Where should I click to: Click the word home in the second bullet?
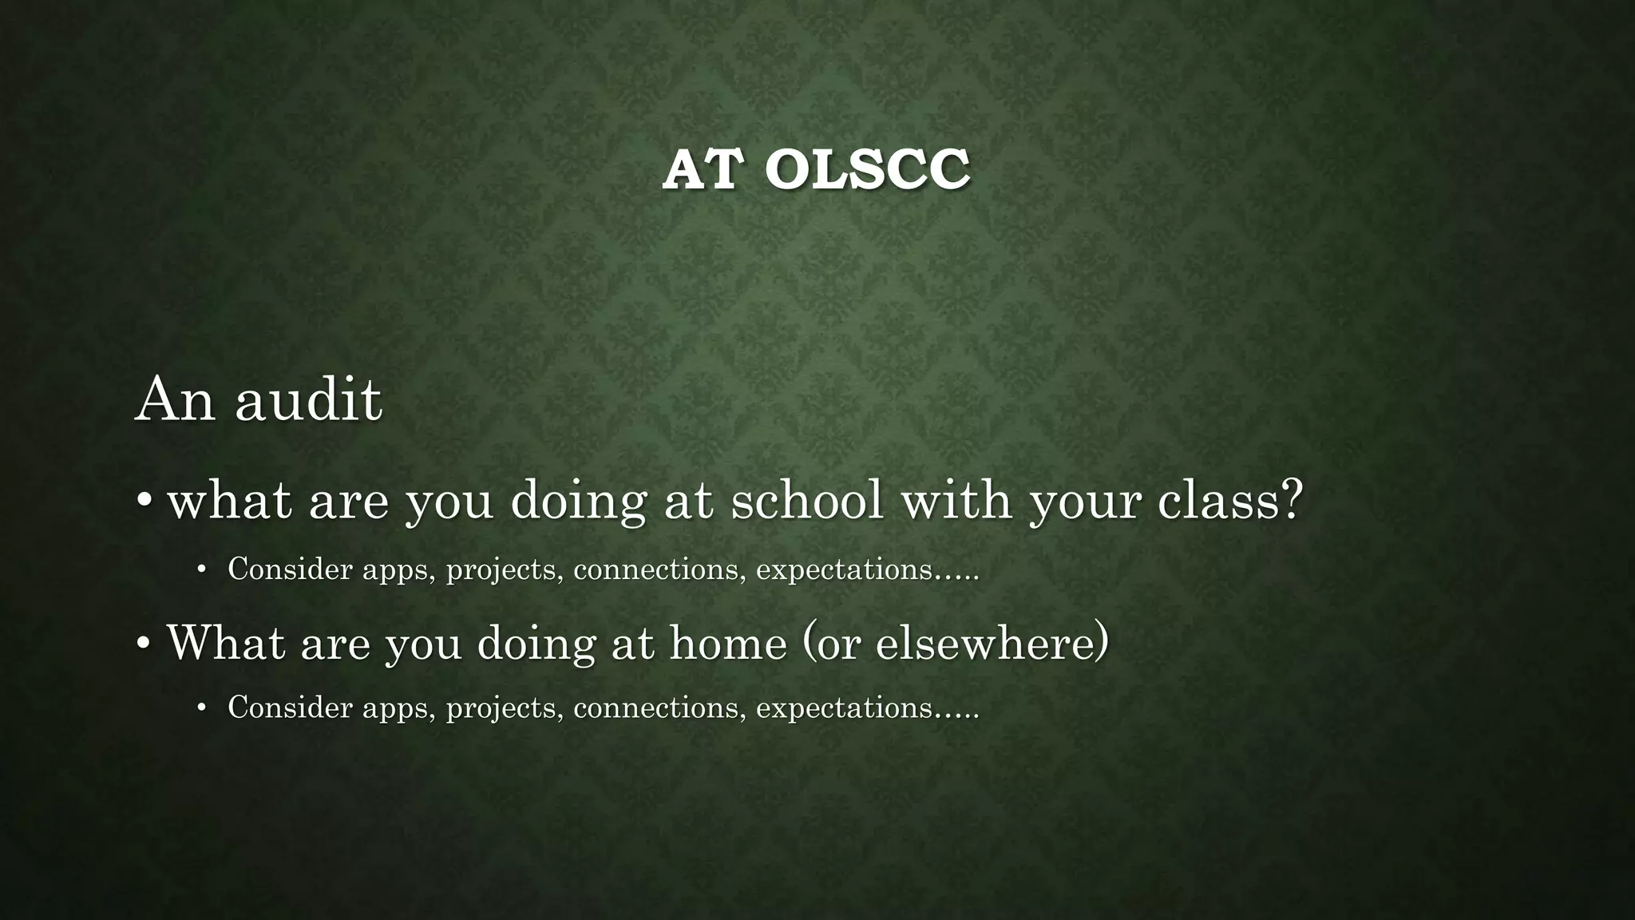(x=728, y=642)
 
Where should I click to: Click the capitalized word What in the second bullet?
(x=226, y=642)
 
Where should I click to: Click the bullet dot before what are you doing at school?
(x=144, y=502)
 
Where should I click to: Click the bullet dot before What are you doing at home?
(x=144, y=644)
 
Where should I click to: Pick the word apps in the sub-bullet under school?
(x=398, y=570)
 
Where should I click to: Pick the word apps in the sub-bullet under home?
(x=398, y=708)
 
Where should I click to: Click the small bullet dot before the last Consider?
(x=202, y=708)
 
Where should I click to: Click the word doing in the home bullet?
(x=536, y=642)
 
